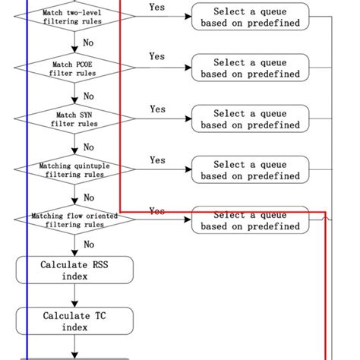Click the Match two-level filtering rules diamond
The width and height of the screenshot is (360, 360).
click(74, 17)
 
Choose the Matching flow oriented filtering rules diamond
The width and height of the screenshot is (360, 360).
click(74, 220)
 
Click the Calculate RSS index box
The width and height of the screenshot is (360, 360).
click(74, 270)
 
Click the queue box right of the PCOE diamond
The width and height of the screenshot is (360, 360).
click(250, 68)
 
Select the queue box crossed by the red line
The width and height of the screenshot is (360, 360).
click(250, 220)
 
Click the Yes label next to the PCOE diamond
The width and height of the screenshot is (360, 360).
click(157, 57)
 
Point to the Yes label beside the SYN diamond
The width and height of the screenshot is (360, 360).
click(157, 109)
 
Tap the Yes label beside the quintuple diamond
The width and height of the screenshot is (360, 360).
click(157, 160)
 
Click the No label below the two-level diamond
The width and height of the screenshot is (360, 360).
click(89, 43)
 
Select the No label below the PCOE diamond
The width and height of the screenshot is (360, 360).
click(89, 96)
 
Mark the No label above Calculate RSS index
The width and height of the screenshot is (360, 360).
click(89, 245)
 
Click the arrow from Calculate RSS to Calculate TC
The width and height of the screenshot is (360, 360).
click(74, 295)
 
